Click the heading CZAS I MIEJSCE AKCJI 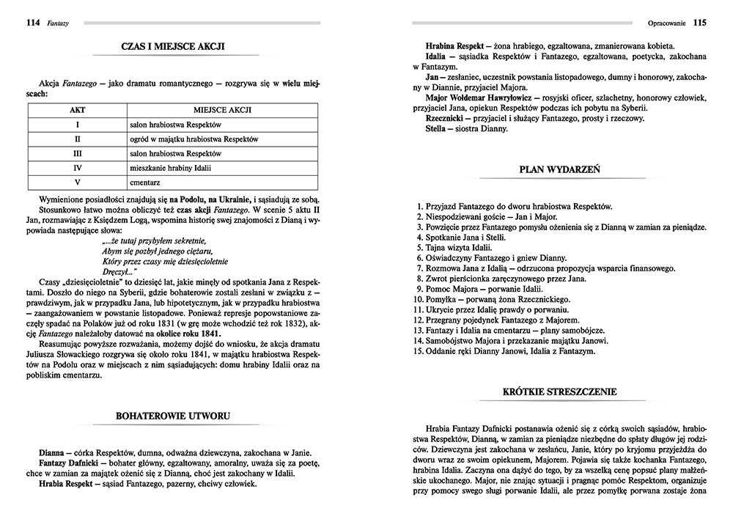point(172,48)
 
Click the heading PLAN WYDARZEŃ point(559,169)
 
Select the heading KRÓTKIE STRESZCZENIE point(559,392)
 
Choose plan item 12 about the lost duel point(496,320)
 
